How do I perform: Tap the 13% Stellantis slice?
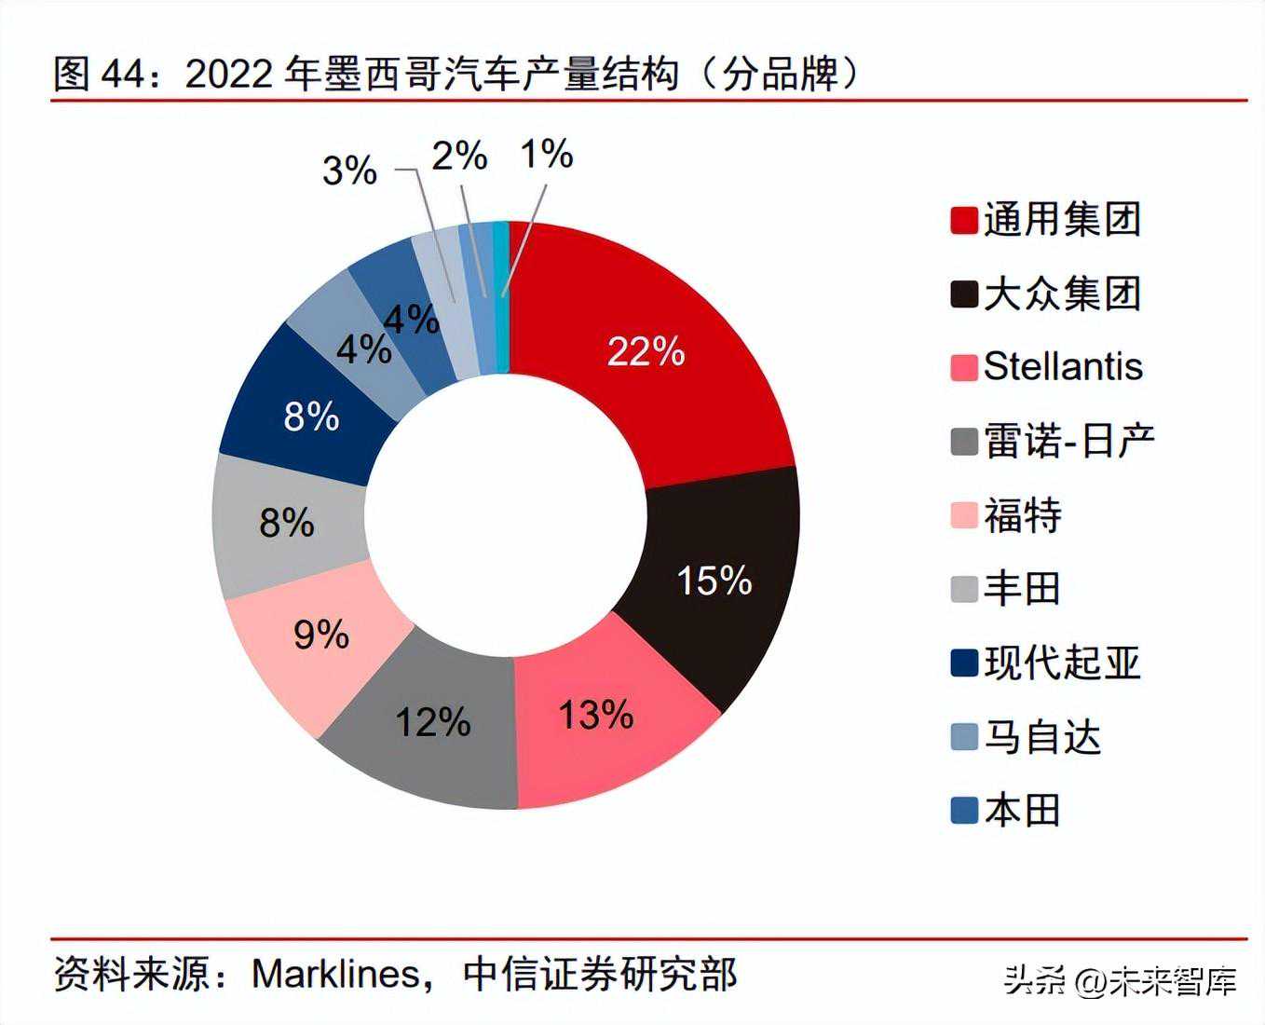coord(596,716)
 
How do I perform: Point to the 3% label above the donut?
coord(349,171)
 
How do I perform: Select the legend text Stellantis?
coord(1063,366)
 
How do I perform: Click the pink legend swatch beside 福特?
coord(963,515)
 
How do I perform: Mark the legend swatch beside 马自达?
coord(963,737)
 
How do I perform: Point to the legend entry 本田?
coord(1022,811)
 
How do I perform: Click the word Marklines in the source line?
coord(335,975)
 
